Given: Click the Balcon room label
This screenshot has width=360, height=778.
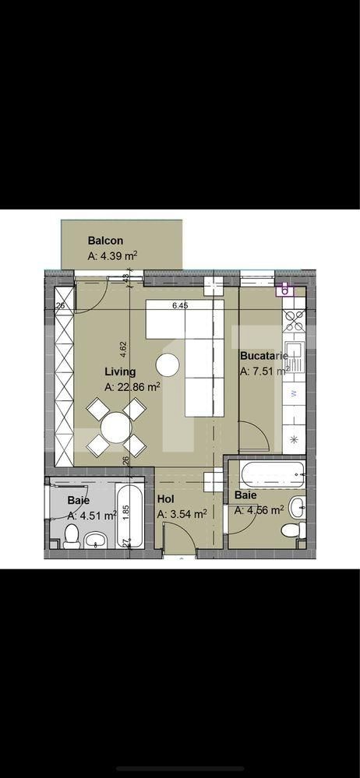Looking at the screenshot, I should pyautogui.click(x=105, y=241).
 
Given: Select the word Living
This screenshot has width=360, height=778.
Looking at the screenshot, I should pyautogui.click(x=121, y=371).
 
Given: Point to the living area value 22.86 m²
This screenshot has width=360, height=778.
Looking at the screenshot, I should pyautogui.click(x=132, y=385).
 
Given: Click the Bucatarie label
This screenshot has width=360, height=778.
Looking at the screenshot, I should pyautogui.click(x=263, y=356).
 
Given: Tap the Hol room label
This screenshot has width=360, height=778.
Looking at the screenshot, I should pyautogui.click(x=165, y=500).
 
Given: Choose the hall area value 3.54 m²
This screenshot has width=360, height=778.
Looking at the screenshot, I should pyautogui.click(x=182, y=514).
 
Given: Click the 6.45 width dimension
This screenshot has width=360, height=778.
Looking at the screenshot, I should pyautogui.click(x=181, y=306).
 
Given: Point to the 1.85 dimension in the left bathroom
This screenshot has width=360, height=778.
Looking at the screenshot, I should pyautogui.click(x=126, y=512).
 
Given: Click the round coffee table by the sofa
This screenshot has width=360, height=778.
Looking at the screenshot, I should pyautogui.click(x=166, y=364).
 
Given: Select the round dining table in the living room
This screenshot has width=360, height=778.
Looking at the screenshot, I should pyautogui.click(x=115, y=427).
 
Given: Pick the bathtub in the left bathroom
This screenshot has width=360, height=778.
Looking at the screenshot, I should pyautogui.click(x=129, y=517).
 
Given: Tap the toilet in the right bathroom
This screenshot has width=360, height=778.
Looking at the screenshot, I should pyautogui.click(x=290, y=530).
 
